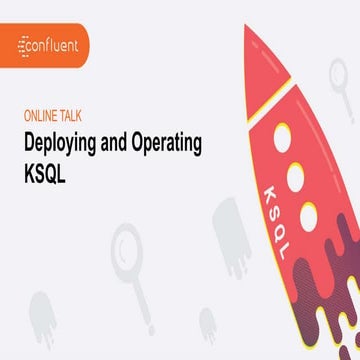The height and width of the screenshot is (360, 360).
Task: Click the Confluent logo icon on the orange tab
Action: pyautogui.click(x=27, y=45)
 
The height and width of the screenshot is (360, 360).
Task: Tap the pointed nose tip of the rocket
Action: pyautogui.click(x=247, y=27)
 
